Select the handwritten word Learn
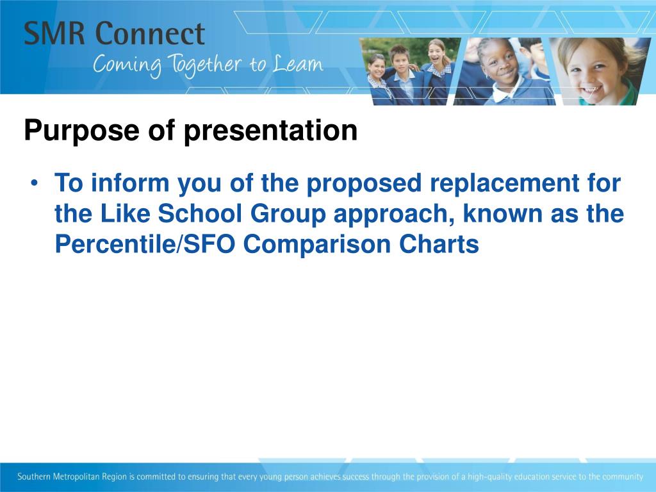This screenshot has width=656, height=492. click(x=298, y=64)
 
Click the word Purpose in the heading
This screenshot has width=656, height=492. click(x=81, y=131)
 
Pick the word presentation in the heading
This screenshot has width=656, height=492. click(x=271, y=131)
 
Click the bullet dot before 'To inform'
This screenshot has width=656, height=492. click(x=35, y=184)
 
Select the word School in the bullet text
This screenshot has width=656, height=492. click(x=200, y=213)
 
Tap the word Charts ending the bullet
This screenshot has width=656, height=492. click(x=439, y=244)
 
